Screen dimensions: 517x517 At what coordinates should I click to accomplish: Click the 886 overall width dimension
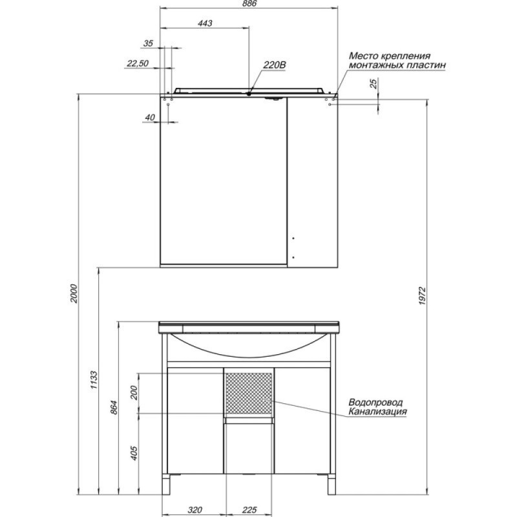249,4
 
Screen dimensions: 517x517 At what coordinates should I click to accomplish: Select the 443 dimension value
205,23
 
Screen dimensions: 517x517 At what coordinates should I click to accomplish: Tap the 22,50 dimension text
138,63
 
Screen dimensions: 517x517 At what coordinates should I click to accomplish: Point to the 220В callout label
274,65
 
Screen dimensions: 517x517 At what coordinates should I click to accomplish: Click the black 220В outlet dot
249,94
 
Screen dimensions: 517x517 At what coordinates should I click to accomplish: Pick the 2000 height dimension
74,293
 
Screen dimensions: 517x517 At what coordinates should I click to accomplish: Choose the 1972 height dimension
423,296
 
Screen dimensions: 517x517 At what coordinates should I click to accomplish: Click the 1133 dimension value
94,380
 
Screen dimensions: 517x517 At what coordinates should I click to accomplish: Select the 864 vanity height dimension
114,407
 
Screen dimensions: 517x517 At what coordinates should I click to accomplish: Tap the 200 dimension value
134,393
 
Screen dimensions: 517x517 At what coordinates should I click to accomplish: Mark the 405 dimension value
134,453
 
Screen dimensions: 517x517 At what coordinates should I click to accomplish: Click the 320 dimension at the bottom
195,510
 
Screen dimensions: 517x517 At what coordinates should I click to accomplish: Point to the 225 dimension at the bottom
249,510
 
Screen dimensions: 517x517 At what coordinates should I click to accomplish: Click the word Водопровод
375,403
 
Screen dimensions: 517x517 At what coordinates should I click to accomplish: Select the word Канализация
378,412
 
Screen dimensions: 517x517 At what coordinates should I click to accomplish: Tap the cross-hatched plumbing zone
249,393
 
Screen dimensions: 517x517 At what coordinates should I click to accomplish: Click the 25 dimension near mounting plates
374,83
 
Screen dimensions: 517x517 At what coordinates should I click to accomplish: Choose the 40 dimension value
150,118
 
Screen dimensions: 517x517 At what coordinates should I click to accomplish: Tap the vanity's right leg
332,484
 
